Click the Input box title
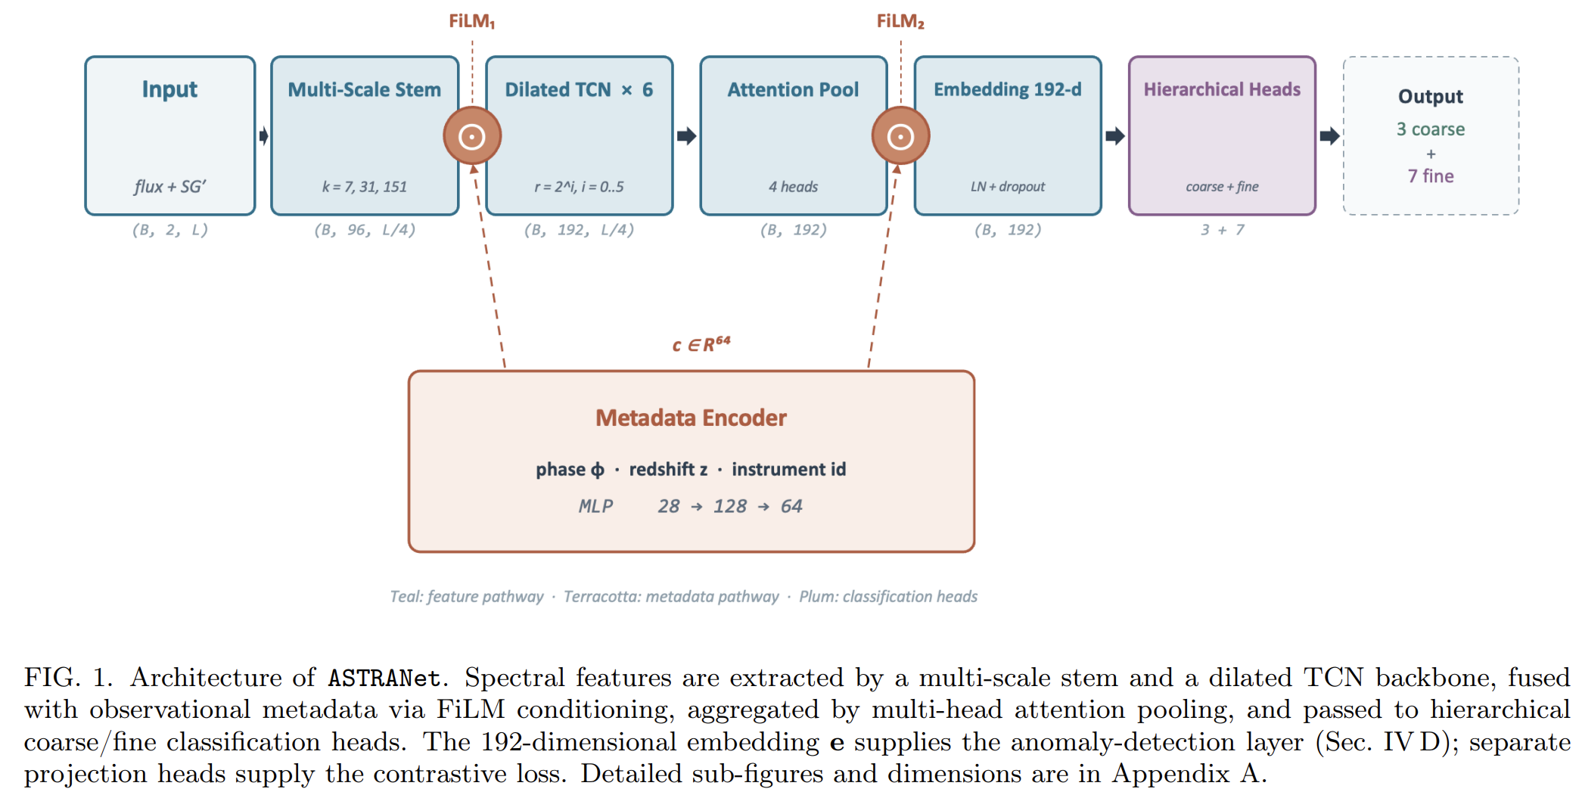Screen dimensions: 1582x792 (169, 90)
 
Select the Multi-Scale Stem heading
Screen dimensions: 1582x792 (365, 89)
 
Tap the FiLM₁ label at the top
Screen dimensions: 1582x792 (472, 21)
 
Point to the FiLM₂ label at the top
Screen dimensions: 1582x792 (900, 21)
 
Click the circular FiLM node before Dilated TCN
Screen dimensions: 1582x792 (472, 136)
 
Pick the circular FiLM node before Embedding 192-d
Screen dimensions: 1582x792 (900, 136)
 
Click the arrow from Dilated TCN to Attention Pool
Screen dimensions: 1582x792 (686, 136)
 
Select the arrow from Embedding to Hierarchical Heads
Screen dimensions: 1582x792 (1114, 136)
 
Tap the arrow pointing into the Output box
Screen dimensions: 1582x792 (1329, 136)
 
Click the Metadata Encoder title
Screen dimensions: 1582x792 (692, 418)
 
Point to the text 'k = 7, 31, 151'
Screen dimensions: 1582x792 (365, 187)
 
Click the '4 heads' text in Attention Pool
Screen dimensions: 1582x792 (794, 187)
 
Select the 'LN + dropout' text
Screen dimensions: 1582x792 (1008, 187)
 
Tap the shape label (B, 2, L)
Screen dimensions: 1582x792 (169, 230)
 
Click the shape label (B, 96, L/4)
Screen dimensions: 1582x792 (365, 230)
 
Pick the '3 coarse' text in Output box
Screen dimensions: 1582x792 (1431, 129)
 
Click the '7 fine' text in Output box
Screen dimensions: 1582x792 (1431, 176)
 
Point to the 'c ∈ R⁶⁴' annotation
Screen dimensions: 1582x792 (701, 344)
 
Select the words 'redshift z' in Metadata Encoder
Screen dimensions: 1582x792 (668, 470)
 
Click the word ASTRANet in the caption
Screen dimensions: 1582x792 (384, 678)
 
